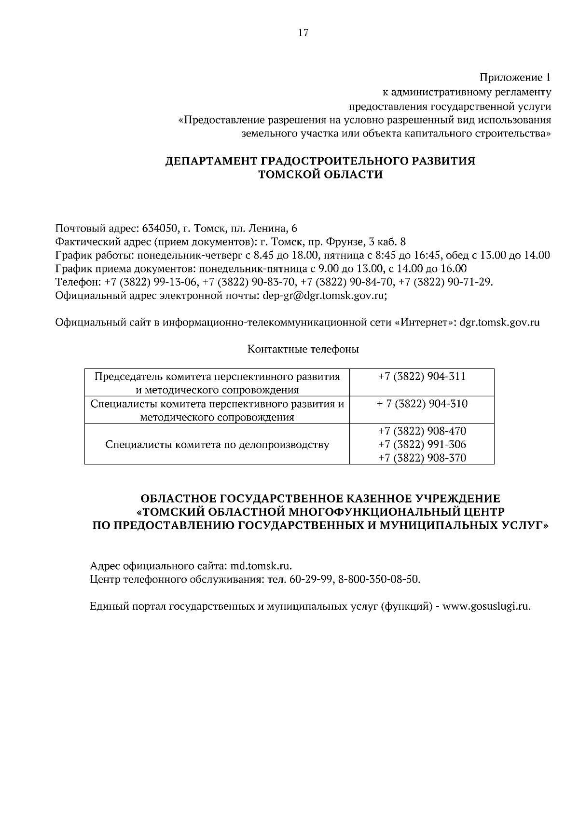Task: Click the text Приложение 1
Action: click(514, 77)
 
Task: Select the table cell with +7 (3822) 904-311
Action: click(422, 377)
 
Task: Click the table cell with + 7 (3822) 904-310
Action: click(422, 404)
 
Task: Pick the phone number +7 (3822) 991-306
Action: click(422, 444)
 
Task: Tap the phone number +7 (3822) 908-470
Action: click(422, 431)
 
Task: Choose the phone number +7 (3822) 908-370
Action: click(422, 458)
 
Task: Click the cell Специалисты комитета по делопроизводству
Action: click(217, 445)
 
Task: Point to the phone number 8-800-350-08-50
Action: click(379, 579)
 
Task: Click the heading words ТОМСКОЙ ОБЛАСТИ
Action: click(321, 175)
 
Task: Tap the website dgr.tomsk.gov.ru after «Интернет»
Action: click(499, 323)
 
